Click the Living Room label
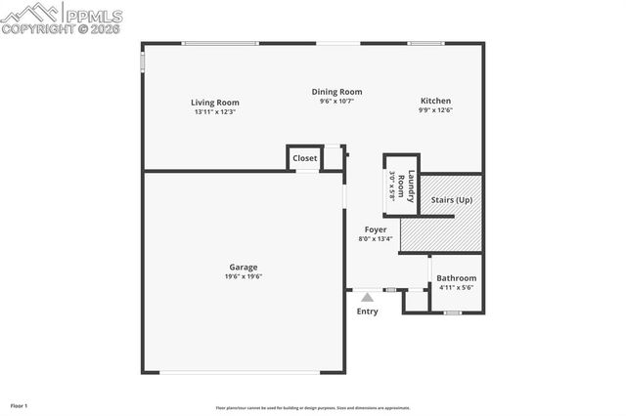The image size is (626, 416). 214,103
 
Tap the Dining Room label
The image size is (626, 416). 336,92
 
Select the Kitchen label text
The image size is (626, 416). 435,101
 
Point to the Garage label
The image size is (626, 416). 244,267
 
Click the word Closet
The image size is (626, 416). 304,158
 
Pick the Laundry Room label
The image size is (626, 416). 412,187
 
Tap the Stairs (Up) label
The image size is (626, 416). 451,200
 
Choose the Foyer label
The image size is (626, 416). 376,229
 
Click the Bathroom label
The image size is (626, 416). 456,278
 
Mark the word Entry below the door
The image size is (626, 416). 367,312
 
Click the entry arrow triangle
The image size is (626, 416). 367,297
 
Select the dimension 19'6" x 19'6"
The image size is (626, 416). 244,276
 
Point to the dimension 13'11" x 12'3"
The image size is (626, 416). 214,111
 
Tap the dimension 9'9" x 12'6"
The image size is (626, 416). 435,109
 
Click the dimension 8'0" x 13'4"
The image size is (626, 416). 376,238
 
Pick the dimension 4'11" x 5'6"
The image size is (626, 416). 456,287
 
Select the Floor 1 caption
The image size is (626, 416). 19,405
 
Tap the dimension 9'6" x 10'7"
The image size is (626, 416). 336,101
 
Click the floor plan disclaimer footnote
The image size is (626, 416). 313,408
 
